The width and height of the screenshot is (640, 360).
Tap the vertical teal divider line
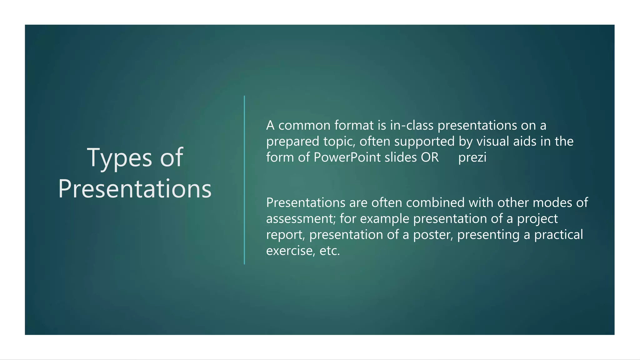244,180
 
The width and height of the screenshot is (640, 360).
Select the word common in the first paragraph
304,126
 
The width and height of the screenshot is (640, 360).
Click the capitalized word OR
430,157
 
